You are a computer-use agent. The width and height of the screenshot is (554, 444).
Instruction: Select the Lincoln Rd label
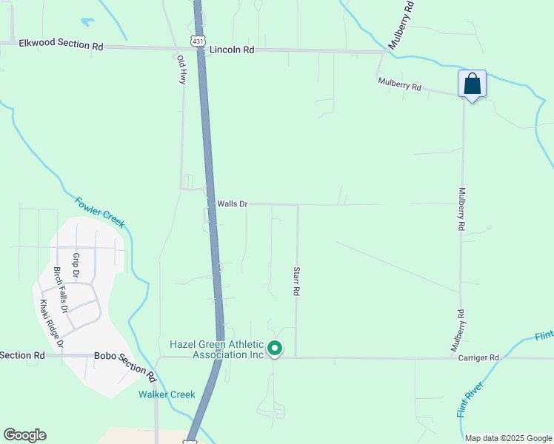point(232,50)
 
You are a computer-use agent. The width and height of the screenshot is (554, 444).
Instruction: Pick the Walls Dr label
point(232,203)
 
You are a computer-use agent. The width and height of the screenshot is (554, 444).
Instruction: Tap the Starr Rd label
point(296,281)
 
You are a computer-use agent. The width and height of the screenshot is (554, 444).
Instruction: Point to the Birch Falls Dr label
point(60,289)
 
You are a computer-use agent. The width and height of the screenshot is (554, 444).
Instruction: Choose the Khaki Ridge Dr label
point(51,323)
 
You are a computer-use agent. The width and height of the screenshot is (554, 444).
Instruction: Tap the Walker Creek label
point(166,394)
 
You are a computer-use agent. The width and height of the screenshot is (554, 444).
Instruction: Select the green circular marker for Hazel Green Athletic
point(275,347)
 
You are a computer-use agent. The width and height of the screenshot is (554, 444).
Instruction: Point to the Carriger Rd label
point(478,357)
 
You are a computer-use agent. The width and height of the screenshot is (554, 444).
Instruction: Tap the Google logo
point(24,435)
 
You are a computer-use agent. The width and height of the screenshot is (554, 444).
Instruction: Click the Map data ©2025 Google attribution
point(507,438)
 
